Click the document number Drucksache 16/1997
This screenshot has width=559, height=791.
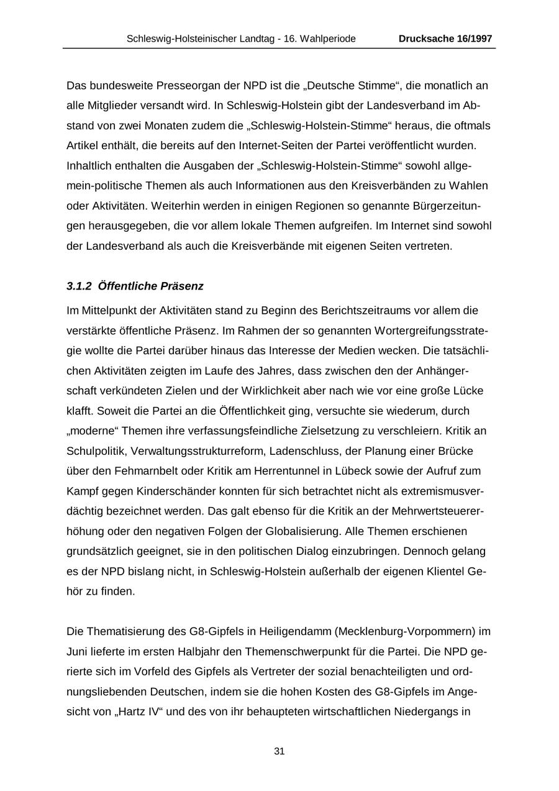pos(445,39)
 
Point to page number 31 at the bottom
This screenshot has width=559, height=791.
pos(279,751)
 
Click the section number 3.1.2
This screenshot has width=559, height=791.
pos(80,286)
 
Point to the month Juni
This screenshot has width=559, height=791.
pos(78,652)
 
